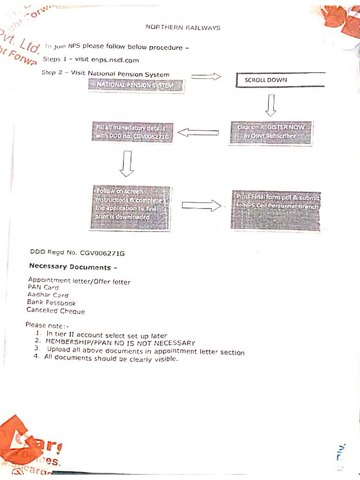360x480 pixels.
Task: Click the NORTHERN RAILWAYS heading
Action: pos(183,28)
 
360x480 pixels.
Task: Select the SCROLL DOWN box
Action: pos(280,80)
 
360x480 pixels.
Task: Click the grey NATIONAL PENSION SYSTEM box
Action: pos(135,85)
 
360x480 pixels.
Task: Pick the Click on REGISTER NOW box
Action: pos(271,132)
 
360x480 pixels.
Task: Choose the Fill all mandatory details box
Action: pos(133,132)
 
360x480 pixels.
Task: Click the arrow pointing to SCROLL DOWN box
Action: pos(206,76)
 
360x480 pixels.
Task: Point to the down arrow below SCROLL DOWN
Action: pos(271,105)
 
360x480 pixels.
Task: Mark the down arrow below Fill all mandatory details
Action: pos(127,165)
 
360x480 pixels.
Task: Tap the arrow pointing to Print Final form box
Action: pos(201,205)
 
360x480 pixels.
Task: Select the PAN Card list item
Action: pos(43,287)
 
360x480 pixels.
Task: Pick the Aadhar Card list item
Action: pos(48,295)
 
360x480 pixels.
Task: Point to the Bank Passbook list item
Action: pos(51,303)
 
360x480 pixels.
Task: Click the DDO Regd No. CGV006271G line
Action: pos(77,253)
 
